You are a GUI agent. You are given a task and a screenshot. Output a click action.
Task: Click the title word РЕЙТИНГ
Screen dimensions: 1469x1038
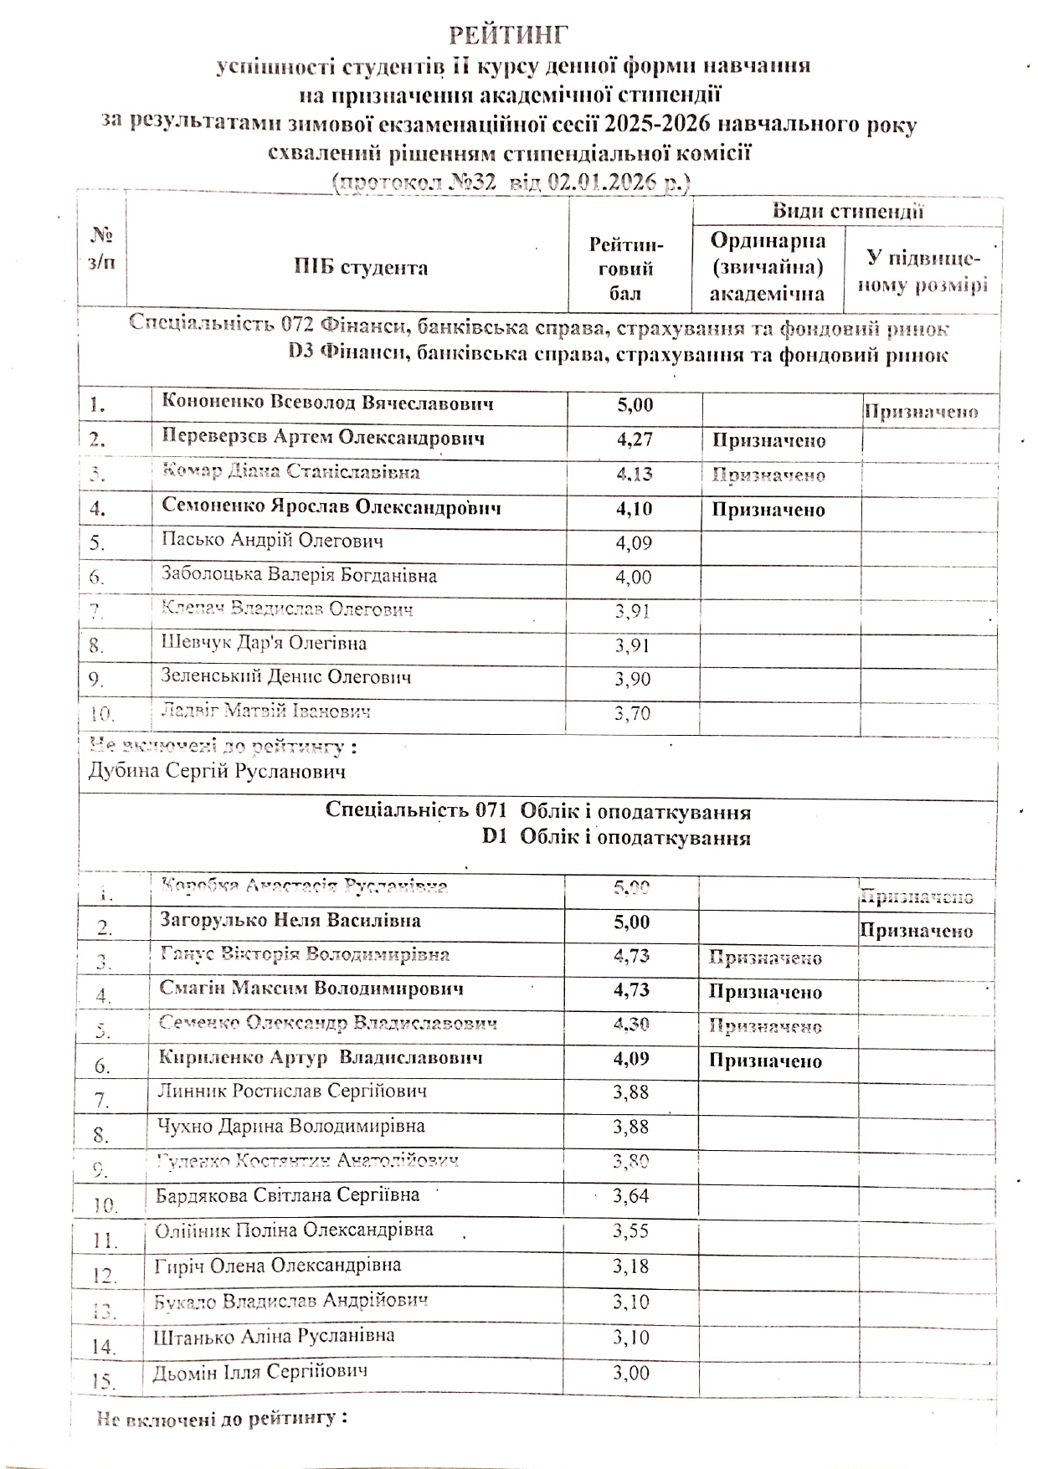click(x=509, y=35)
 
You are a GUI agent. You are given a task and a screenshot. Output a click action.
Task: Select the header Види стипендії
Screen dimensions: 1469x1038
click(x=847, y=211)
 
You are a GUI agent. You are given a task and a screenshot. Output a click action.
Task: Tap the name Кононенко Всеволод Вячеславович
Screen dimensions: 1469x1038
click(x=327, y=403)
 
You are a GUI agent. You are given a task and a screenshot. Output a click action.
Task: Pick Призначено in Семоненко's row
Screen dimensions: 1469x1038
click(x=768, y=510)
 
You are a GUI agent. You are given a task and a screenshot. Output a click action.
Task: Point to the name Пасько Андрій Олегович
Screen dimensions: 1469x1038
click(x=273, y=541)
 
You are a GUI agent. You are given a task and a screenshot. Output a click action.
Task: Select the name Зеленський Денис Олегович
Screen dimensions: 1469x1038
click(x=286, y=677)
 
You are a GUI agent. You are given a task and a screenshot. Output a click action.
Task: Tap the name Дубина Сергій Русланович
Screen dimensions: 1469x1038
click(x=217, y=771)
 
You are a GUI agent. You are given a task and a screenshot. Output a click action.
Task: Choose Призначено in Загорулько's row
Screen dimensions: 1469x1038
click(x=916, y=931)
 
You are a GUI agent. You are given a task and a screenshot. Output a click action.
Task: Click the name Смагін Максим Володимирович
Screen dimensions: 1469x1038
click(x=311, y=989)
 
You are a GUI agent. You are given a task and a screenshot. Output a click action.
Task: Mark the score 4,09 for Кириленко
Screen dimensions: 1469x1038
click(x=631, y=1059)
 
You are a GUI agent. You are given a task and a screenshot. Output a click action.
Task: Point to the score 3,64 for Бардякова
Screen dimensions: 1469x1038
click(x=631, y=1196)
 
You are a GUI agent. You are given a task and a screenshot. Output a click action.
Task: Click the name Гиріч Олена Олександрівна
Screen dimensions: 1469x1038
click(x=278, y=1266)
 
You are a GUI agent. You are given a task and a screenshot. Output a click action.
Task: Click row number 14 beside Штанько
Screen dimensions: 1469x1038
click(x=104, y=1347)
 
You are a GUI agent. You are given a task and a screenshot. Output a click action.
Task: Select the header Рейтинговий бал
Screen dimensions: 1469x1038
click(x=626, y=269)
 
